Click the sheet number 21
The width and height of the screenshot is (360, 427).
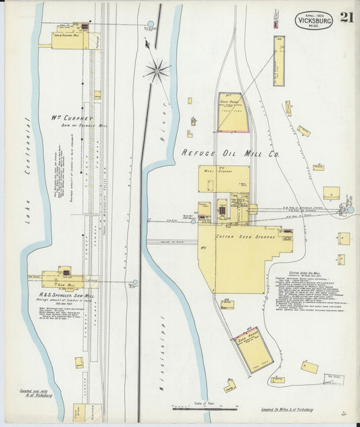coord(347,17)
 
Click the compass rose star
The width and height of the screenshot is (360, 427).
coord(157,70)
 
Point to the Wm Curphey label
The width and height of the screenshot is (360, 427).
coord(72,117)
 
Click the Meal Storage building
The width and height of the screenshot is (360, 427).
coord(224,179)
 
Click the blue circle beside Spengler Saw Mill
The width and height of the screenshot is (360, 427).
coord(135,282)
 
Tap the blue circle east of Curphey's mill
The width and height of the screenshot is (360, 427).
coord(151,24)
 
